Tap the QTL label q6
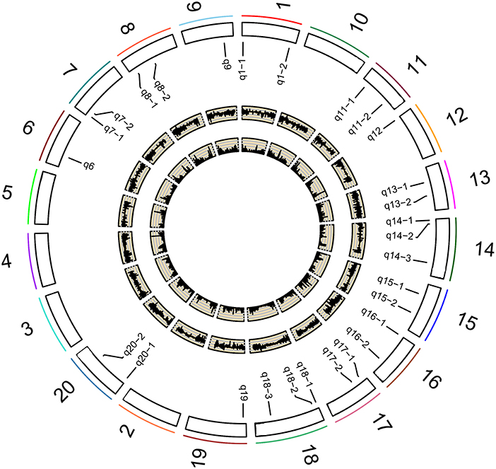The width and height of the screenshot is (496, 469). tap(88, 166)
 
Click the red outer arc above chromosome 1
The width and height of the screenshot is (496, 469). tap(272, 18)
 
